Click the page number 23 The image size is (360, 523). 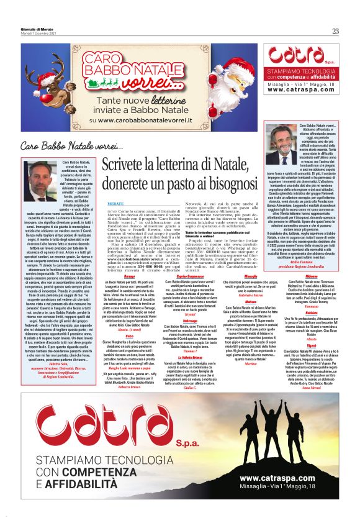coord(335,31)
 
